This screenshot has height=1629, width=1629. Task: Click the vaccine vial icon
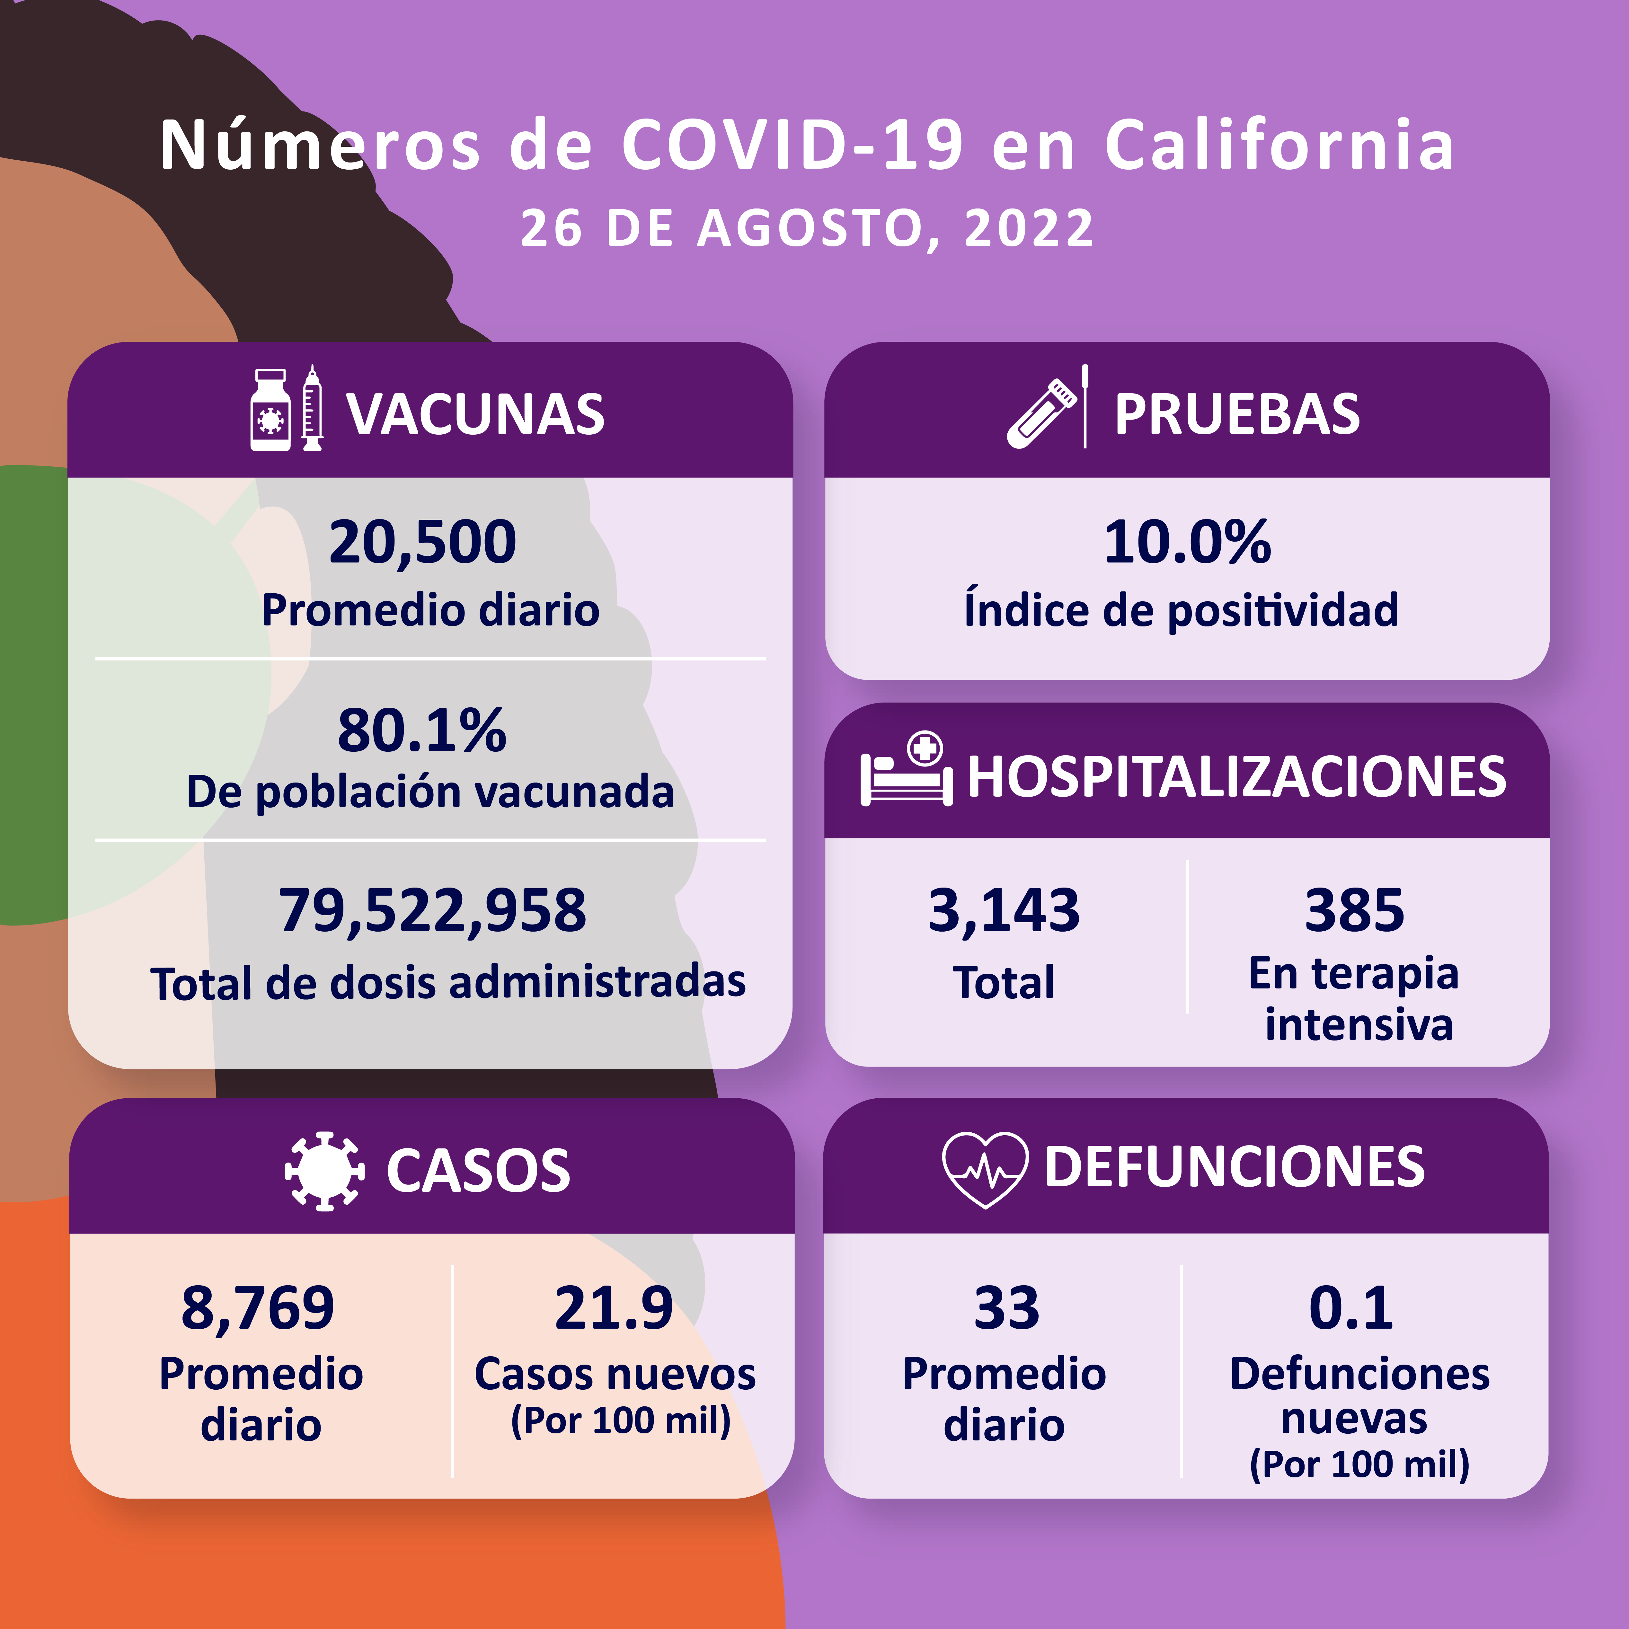(270, 411)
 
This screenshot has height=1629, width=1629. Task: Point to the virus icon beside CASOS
(325, 1171)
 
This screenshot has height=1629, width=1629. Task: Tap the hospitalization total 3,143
(1003, 911)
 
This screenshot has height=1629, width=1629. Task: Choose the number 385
(1354, 911)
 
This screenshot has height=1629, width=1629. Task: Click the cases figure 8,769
(258, 1308)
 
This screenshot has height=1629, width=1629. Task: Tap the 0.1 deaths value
(1351, 1308)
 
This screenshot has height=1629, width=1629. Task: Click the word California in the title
(1280, 145)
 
